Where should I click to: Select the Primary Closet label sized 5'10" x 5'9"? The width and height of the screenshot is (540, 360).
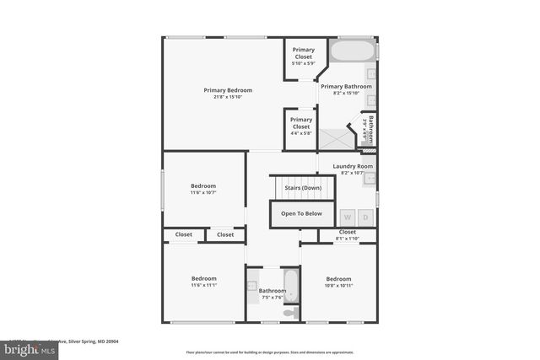coord(303,53)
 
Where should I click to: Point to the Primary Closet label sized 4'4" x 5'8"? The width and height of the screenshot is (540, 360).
coord(301,123)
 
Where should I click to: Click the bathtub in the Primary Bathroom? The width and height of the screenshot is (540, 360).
coord(353,51)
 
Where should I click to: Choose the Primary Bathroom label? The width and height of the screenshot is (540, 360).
coord(346,87)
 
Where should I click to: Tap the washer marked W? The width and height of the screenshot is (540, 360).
coord(347,218)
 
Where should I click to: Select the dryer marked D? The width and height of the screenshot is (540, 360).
coord(365,218)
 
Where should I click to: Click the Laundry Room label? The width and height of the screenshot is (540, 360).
coord(353,167)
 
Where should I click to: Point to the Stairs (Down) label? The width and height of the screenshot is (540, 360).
coord(302,187)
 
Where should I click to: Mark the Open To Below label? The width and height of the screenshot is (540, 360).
coord(301,213)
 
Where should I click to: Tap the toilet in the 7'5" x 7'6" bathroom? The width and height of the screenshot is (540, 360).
coord(289,314)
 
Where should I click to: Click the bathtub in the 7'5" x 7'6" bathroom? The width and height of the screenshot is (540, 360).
coord(291,285)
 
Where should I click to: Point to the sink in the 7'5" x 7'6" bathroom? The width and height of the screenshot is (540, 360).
coord(252,286)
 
